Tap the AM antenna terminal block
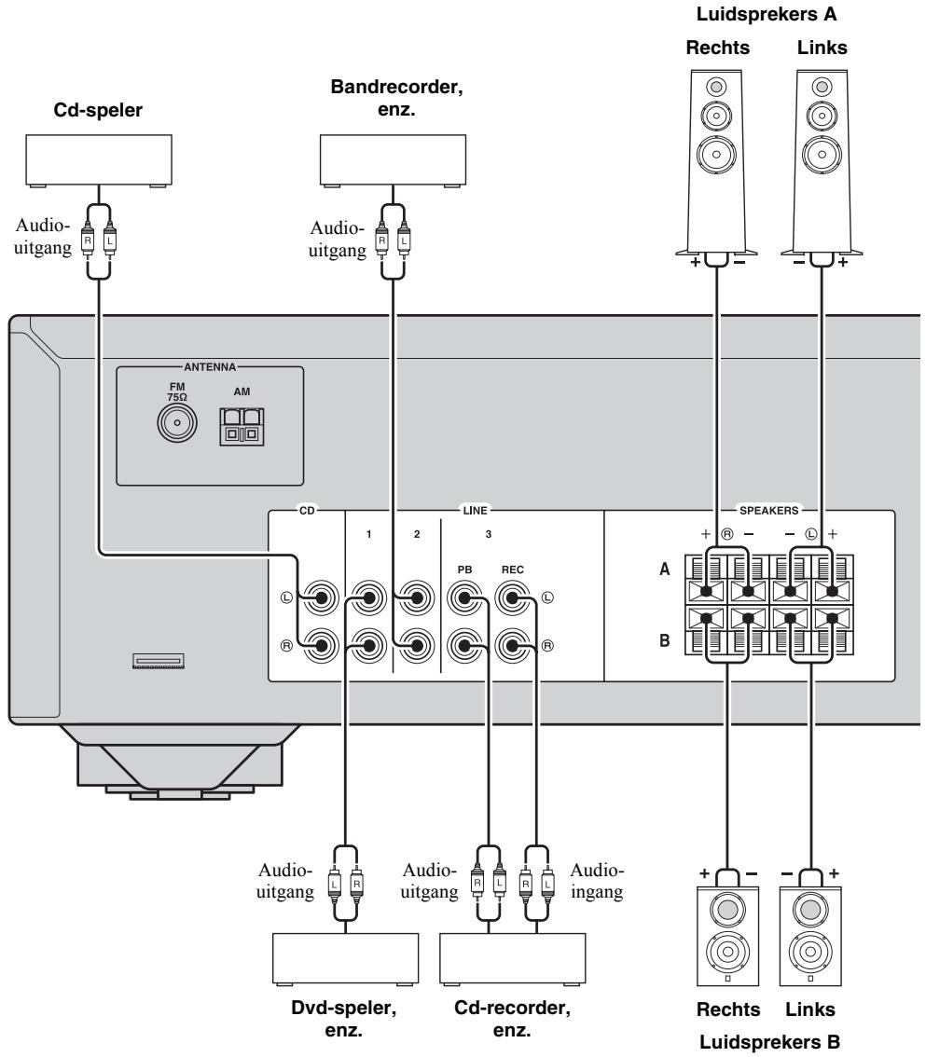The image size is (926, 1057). pyautogui.click(x=242, y=427)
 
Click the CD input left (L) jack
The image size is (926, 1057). pyautogui.click(x=320, y=597)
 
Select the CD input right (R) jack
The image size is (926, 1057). pyautogui.click(x=320, y=646)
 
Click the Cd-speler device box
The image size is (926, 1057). pyautogui.click(x=99, y=160)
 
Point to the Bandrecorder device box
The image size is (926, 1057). pyautogui.click(x=393, y=160)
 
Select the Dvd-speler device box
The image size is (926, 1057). pyautogui.click(x=345, y=959)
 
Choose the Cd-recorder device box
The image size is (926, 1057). pyautogui.click(x=513, y=959)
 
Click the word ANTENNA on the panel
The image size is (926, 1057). pyautogui.click(x=210, y=367)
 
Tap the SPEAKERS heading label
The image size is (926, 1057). pyautogui.click(x=768, y=510)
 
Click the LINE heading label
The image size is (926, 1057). pyautogui.click(x=475, y=510)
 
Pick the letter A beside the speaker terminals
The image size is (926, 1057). pyautogui.click(x=664, y=570)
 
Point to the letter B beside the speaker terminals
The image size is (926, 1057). pyautogui.click(x=664, y=640)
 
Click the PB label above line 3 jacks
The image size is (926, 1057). pyautogui.click(x=464, y=570)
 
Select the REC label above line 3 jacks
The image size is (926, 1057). pyautogui.click(x=513, y=570)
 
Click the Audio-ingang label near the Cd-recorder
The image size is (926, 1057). pyautogui.click(x=597, y=881)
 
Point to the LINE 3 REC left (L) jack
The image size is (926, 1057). pyautogui.click(x=512, y=597)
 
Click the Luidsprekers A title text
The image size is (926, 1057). pyautogui.click(x=767, y=14)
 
